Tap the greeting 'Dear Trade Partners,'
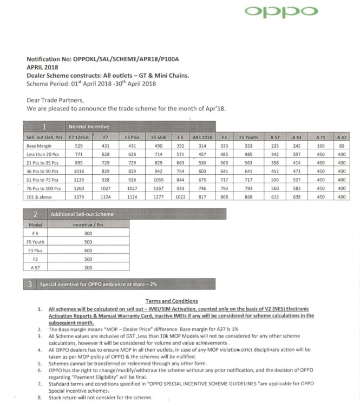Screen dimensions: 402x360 pyautogui.click(x=55, y=100)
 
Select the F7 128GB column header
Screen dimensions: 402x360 pyautogui.click(x=78, y=138)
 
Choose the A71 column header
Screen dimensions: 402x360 pyautogui.click(x=320, y=138)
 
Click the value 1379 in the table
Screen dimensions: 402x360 pyautogui.click(x=78, y=197)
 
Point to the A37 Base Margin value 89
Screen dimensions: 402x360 pyautogui.click(x=341, y=146)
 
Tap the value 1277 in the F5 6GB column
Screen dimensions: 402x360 pyautogui.click(x=159, y=197)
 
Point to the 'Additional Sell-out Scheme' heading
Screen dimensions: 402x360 pyautogui.click(x=82, y=215)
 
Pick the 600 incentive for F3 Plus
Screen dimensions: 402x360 pyautogui.click(x=88, y=251)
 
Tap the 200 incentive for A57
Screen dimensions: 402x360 pyautogui.click(x=88, y=268)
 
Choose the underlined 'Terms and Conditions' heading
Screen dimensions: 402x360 pyautogui.click(x=172, y=301)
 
